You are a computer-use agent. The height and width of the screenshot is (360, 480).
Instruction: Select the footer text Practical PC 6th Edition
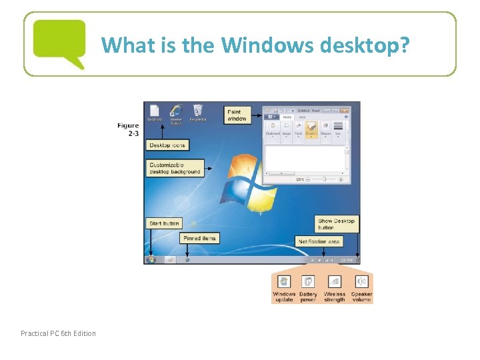coord(58,333)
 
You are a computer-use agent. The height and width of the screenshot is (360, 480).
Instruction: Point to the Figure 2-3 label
coord(128,129)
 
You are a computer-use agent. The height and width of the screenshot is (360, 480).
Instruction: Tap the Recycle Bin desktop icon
coord(197,113)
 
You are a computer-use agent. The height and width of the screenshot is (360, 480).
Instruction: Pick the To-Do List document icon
coord(155,113)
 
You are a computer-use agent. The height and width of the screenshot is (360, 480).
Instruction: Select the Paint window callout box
coord(237,115)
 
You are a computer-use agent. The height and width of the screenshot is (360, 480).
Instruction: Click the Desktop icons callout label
coord(167,145)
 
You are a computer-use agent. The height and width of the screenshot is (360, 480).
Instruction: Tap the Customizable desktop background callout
coord(175,168)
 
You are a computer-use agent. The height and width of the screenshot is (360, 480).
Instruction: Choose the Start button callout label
coord(164,223)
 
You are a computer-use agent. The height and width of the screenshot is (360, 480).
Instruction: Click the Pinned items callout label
coord(200,238)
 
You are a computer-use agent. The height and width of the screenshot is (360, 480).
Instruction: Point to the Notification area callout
coord(319,241)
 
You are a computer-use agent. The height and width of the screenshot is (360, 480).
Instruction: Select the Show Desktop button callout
coord(337,224)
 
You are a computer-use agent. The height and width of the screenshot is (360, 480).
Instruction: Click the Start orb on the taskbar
coord(151,259)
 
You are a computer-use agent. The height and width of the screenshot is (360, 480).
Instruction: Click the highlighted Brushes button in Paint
coord(311,126)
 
